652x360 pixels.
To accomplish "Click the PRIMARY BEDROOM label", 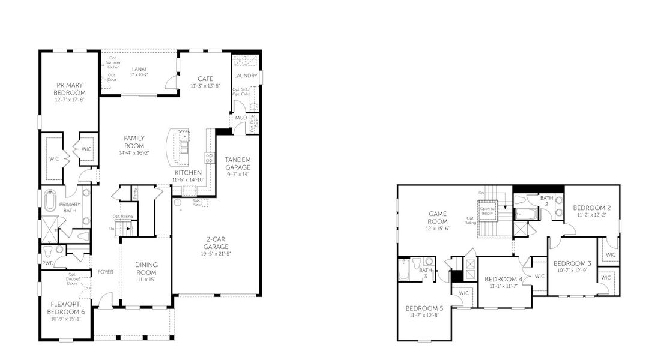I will click(70, 89).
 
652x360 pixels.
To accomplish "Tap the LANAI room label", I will click(139, 69).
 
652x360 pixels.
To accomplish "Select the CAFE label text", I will click(205, 79).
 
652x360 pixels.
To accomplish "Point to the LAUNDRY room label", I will click(246, 76).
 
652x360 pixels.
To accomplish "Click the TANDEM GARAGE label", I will click(237, 163).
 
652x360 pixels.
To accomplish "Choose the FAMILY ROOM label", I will click(134, 142).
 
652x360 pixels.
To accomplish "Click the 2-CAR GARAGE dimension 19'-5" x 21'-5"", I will click(216, 253).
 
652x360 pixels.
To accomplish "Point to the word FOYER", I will click(106, 272).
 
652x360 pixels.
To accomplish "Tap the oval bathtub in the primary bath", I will click(52, 200).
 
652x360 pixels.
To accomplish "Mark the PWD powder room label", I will click(48, 263).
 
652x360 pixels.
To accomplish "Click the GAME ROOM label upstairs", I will click(437, 217).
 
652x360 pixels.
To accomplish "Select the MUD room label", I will click(241, 118).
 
